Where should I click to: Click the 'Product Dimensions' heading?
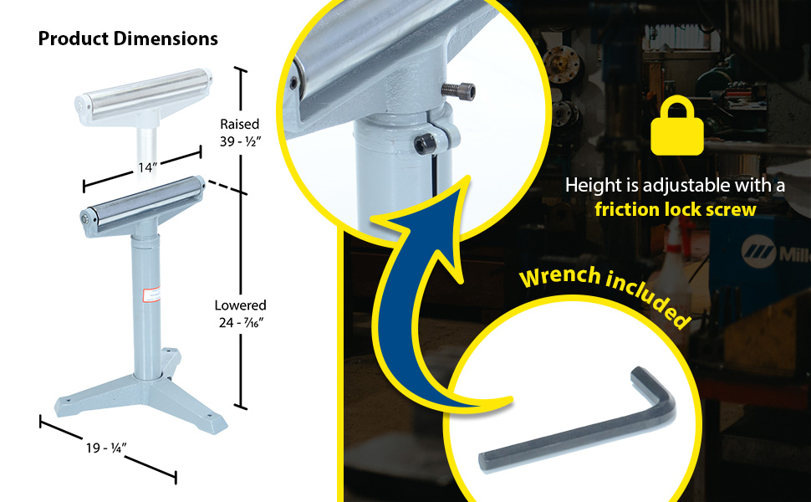click(x=128, y=38)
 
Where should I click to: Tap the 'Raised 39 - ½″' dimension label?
click(x=240, y=132)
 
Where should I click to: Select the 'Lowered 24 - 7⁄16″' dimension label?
click(x=241, y=314)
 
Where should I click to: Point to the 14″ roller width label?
click(x=147, y=167)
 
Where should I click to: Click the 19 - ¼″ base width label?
click(x=106, y=447)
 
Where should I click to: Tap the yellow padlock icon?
click(x=677, y=125)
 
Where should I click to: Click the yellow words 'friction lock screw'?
click(x=676, y=210)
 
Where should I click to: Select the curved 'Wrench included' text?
click(x=605, y=292)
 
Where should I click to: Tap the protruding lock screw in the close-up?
click(x=458, y=90)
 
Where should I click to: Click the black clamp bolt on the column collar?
click(x=426, y=144)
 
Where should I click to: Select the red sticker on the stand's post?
click(x=150, y=295)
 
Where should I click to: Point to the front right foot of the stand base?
click(x=212, y=423)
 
